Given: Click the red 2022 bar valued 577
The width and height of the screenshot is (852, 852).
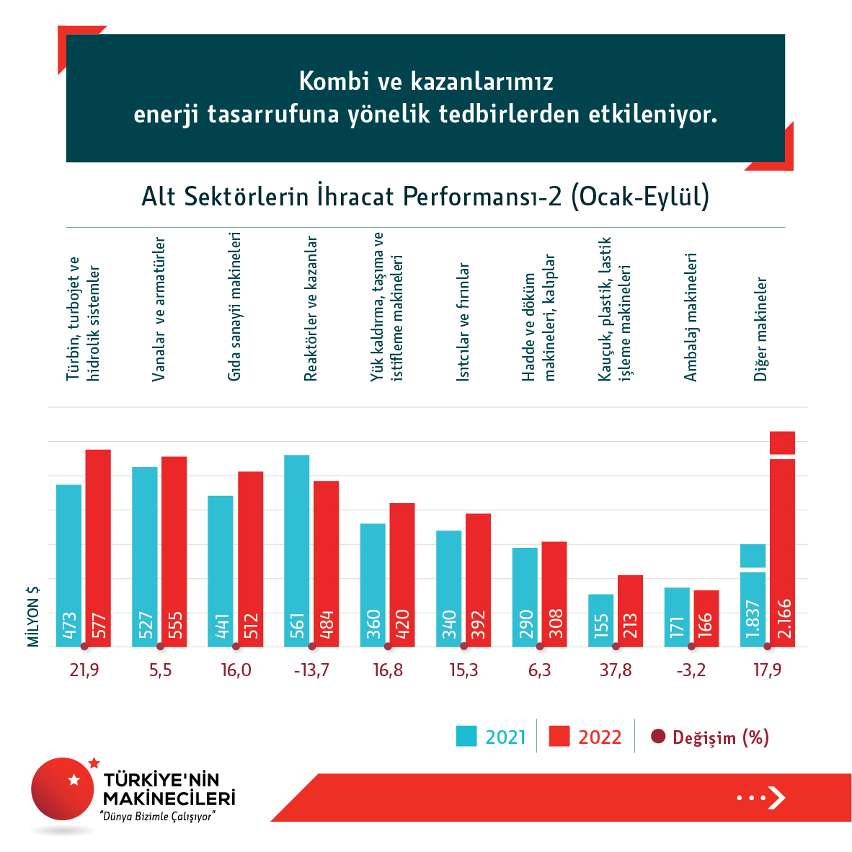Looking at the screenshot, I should pos(98,548).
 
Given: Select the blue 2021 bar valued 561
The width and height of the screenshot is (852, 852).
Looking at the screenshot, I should pos(297,551).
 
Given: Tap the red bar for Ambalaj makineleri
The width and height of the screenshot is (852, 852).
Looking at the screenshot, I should pos(706,618).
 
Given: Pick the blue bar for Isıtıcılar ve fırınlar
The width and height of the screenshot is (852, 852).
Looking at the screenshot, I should pos(449,588).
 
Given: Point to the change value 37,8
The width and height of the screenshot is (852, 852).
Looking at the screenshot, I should pos(616,670).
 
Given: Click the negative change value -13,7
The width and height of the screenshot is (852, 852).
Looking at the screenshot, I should pos(311,670).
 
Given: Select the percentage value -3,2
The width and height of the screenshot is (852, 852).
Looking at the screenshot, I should pos(691,670).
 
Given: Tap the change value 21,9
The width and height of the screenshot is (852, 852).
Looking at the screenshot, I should pos(84,670).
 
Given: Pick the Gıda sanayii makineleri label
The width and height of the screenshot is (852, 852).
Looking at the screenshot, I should pos(234,306).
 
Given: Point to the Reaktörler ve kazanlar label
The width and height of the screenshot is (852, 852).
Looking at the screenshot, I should pos(311,309).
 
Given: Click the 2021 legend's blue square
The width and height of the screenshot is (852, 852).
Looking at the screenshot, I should pos(466,736).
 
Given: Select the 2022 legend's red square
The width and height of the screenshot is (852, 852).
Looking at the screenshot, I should pos(559,736).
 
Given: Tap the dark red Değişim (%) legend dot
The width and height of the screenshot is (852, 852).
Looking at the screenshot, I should pos(657,737).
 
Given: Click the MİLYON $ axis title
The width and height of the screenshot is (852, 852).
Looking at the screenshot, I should pos(33,616).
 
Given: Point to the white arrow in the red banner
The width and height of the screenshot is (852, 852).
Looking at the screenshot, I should pos(776,797).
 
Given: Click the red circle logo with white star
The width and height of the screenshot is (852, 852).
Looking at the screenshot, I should pos(63,789).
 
